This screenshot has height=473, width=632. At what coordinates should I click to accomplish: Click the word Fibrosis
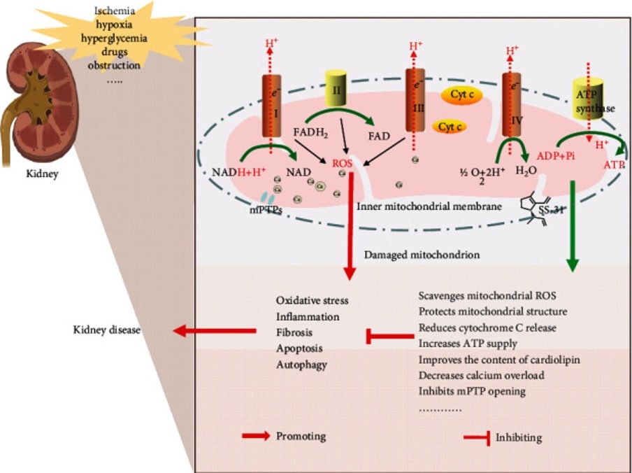(x=294, y=332)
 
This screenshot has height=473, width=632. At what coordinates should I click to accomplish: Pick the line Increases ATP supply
(x=468, y=344)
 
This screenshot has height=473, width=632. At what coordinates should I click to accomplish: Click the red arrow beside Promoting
(x=255, y=436)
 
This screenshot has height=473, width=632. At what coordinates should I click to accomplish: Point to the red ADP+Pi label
(x=556, y=156)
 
